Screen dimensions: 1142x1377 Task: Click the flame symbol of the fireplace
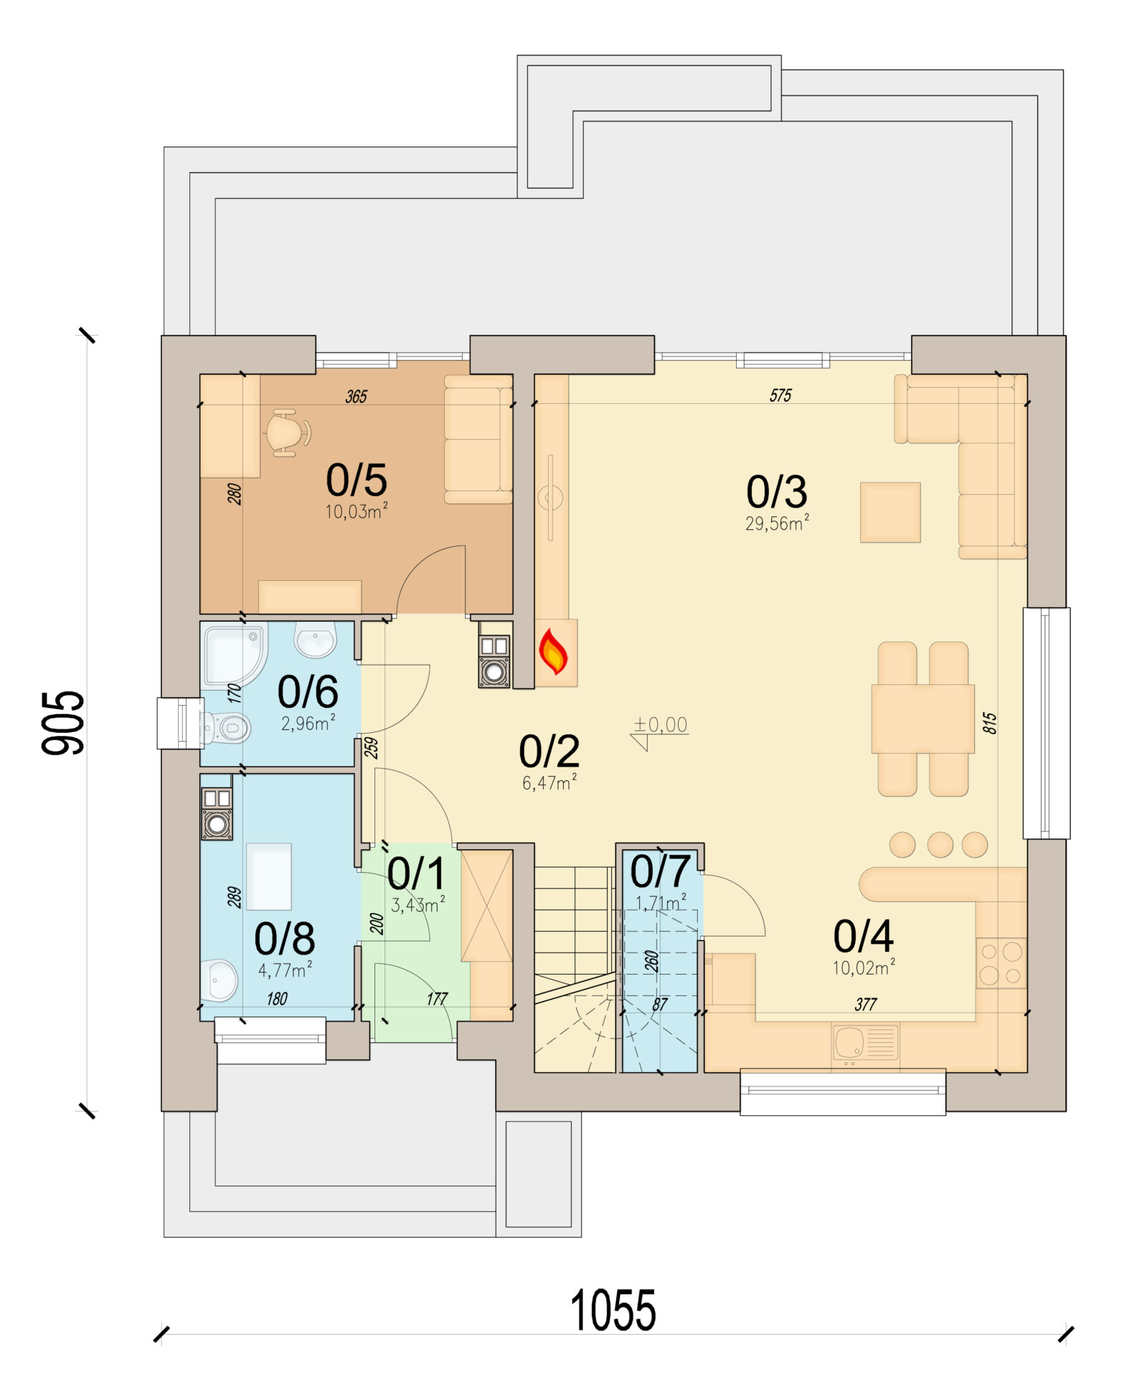point(553,651)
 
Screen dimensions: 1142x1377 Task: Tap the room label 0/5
point(357,480)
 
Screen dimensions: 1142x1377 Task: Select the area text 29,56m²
point(777,523)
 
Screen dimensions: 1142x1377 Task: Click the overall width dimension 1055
point(613,1310)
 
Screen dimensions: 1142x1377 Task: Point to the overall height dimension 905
point(63,723)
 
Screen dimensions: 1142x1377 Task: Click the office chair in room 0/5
point(288,432)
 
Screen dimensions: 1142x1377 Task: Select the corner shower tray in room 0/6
point(234,654)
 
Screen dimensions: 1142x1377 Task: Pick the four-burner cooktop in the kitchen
point(1001,963)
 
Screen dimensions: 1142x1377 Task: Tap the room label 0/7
point(660,871)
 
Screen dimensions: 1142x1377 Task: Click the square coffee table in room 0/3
point(890,512)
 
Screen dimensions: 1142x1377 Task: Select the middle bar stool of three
point(940,845)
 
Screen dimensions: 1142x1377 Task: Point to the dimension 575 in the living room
point(780,395)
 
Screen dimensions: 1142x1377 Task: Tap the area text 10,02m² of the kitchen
point(864,967)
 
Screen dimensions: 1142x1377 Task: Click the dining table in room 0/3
point(922,719)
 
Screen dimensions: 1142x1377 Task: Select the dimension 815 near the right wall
point(989,723)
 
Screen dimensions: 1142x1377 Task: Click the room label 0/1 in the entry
point(416,874)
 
